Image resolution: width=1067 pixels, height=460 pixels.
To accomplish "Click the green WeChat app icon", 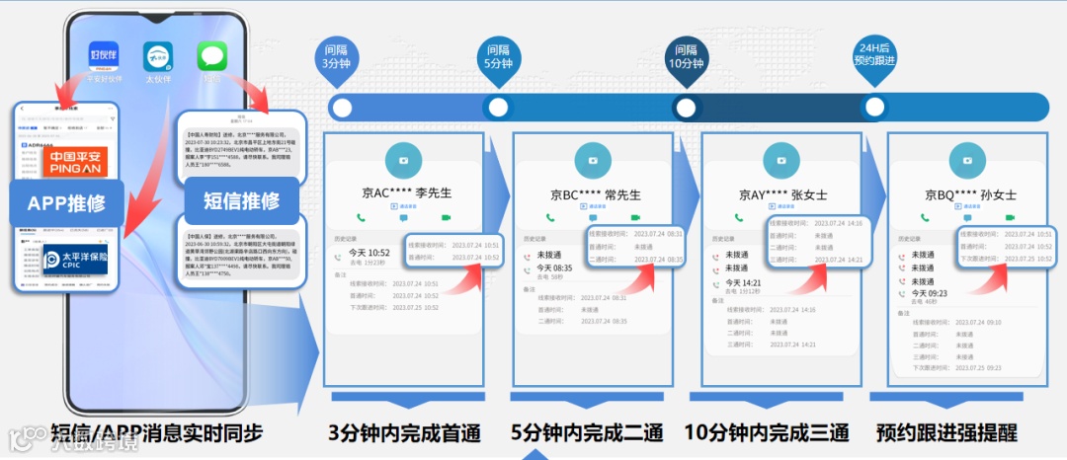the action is pyautogui.click(x=212, y=55).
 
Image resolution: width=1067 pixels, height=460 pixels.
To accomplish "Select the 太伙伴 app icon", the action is pyautogui.click(x=158, y=55).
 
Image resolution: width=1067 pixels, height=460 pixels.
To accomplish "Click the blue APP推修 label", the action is pyautogui.click(x=67, y=204).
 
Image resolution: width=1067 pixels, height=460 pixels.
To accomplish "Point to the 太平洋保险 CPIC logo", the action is pyautogui.click(x=67, y=264).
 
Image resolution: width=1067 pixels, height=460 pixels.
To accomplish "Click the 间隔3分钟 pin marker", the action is pyautogui.click(x=331, y=57).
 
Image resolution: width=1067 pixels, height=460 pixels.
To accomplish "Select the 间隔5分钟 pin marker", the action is pyautogui.click(x=498, y=57).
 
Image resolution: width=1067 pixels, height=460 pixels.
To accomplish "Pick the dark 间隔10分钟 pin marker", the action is pyautogui.click(x=686, y=57).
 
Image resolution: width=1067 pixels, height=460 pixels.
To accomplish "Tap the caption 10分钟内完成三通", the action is pyautogui.click(x=767, y=433).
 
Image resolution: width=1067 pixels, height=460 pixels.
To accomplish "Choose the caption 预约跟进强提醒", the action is pyautogui.click(x=946, y=433).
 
